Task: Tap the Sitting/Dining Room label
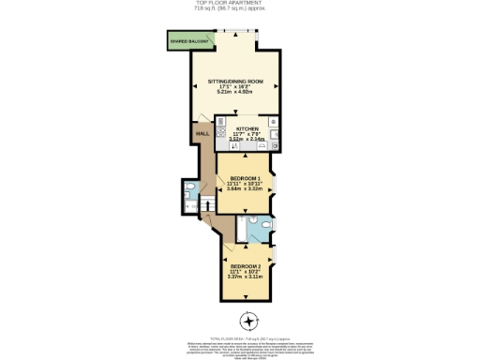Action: [235, 82]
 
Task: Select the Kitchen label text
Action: [247, 127]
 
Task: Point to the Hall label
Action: [202, 134]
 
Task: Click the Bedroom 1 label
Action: [245, 177]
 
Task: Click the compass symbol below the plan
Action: [248, 318]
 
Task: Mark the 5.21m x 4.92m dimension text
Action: [235, 92]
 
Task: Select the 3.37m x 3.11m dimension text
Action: [246, 276]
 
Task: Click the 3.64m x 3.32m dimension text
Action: [245, 189]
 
